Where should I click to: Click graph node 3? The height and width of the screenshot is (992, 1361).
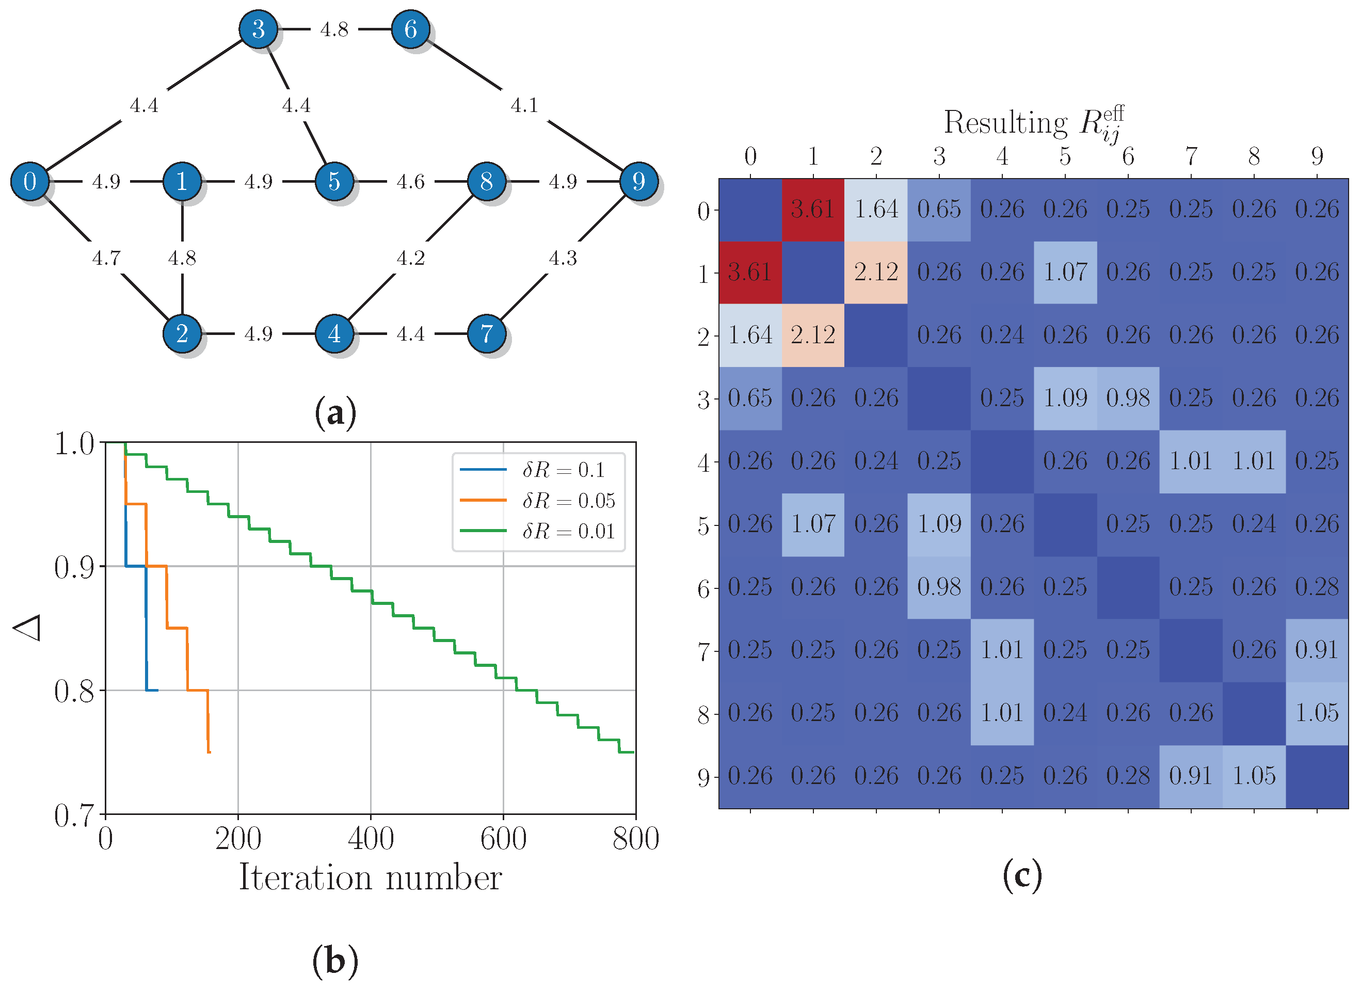tap(258, 29)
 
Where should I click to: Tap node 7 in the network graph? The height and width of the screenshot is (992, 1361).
tap(486, 333)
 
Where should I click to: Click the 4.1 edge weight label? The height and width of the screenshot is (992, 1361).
tap(524, 106)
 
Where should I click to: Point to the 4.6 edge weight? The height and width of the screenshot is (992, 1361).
tap(411, 181)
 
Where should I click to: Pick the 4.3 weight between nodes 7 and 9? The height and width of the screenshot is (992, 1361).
tap(563, 258)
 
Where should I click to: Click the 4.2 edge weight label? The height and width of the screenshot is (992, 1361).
tap(411, 258)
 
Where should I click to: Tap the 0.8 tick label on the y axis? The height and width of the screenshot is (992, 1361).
tap(74, 691)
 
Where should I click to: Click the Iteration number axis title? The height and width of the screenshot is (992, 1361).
tap(371, 878)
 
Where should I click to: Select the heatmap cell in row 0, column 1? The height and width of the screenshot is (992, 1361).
tap(813, 210)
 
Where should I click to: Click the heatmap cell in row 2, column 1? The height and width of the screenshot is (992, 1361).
tap(813, 335)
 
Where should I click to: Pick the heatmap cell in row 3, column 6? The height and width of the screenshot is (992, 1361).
tap(1128, 398)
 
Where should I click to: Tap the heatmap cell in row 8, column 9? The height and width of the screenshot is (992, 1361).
tap(1317, 713)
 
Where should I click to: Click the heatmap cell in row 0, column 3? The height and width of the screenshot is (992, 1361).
tap(939, 210)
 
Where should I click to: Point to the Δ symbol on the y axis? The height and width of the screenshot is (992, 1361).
tap(27, 628)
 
